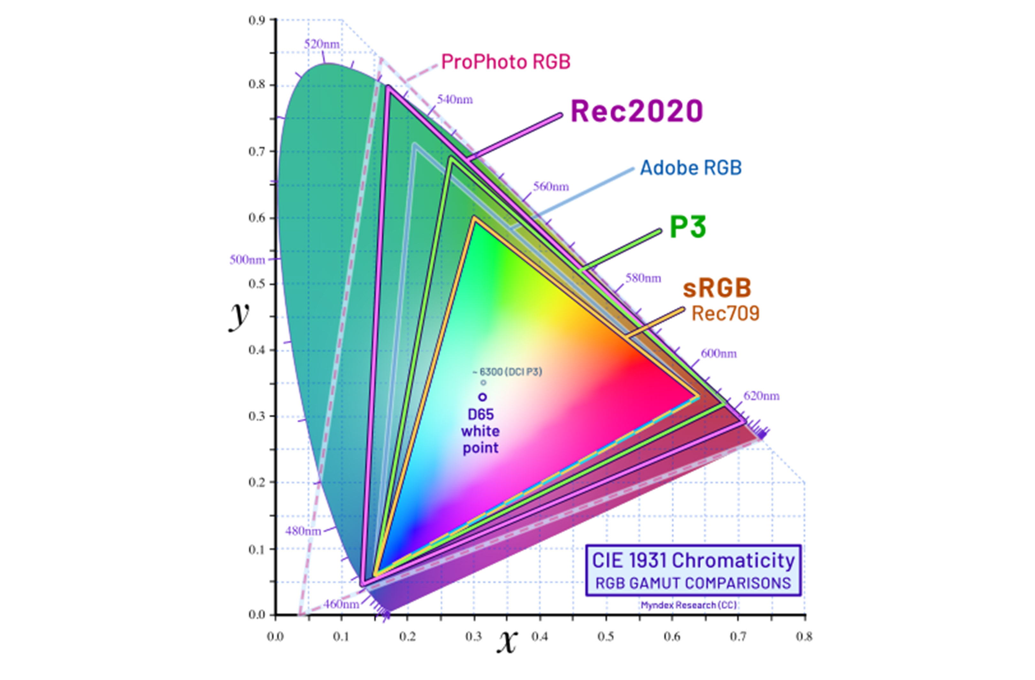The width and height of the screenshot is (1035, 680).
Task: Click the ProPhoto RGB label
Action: (x=505, y=62)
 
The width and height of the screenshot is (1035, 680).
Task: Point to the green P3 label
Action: (x=687, y=227)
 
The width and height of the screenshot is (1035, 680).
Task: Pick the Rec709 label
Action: (x=725, y=313)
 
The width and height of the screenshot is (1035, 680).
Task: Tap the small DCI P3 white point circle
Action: (x=483, y=383)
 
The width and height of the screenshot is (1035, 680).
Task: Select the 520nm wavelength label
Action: (x=321, y=44)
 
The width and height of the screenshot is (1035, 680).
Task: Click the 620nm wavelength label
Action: (x=761, y=396)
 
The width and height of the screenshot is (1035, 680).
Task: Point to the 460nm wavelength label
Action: (x=341, y=605)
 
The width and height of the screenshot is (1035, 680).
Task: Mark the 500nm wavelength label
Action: (x=247, y=260)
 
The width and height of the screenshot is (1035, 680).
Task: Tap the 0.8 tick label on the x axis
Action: (x=804, y=637)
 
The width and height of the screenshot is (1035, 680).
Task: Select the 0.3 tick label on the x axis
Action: (x=474, y=637)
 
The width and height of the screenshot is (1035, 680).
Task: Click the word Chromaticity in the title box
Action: (x=733, y=560)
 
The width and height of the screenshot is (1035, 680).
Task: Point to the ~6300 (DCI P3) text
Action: (x=507, y=372)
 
